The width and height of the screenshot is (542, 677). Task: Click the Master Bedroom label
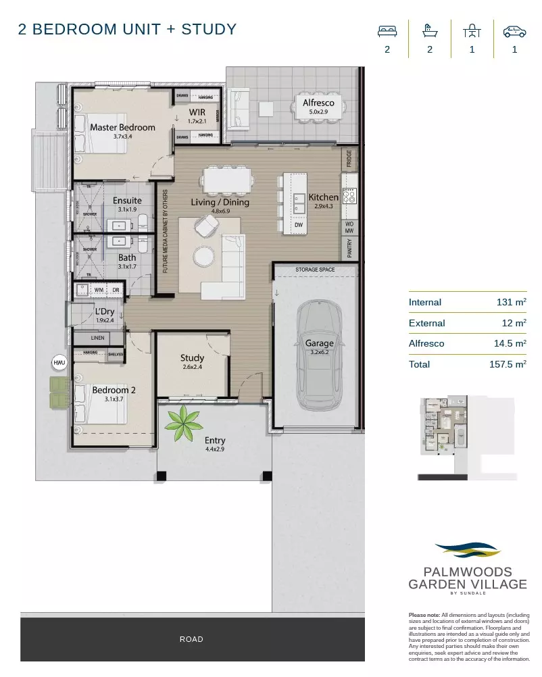tap(122, 127)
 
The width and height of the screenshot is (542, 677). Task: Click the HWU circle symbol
tap(58, 363)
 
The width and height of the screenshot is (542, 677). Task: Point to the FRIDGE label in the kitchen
tap(349, 159)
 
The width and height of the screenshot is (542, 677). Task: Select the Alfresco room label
tap(318, 103)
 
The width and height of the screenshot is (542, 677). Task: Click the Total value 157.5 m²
tap(510, 364)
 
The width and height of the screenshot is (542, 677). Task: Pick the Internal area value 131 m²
tap(512, 302)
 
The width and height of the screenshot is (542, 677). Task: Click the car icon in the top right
tap(514, 32)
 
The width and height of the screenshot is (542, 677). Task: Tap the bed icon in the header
tap(387, 32)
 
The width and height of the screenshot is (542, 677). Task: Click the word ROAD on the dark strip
tap(191, 639)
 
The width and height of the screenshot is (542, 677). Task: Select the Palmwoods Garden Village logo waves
tap(467, 550)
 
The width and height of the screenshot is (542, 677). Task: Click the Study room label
tap(192, 358)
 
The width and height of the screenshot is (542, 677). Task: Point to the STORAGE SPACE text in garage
tap(315, 270)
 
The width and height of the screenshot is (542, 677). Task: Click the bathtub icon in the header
tap(428, 31)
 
